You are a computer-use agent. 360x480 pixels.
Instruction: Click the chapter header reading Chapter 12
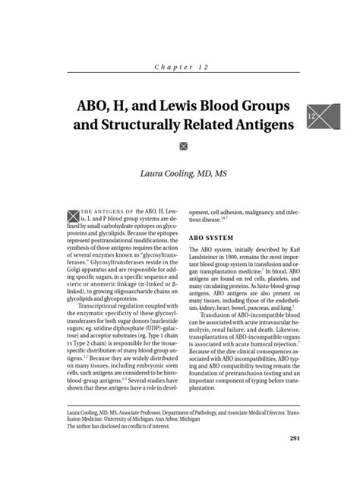pyautogui.click(x=179, y=68)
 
